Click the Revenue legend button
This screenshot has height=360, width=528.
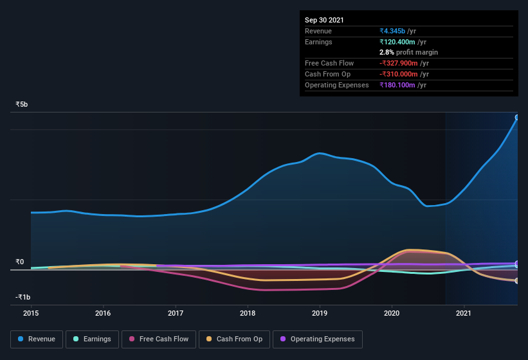coord(37,339)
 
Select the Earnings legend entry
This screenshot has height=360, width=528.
coord(92,339)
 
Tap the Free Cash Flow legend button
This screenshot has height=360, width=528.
coord(159,339)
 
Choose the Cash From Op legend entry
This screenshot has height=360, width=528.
coord(234,339)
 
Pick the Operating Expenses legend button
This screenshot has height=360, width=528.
coord(317,339)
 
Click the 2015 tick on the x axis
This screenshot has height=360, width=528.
coord(31,314)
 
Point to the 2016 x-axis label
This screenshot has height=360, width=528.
coord(103,314)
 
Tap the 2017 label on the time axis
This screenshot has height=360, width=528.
coord(176,314)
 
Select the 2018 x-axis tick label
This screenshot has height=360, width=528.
coord(248,314)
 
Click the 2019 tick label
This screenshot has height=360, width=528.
coord(320,314)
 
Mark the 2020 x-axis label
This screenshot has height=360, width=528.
coord(392,314)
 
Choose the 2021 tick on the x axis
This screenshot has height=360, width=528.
coord(464,314)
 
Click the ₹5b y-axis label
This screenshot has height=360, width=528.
coord(22,104)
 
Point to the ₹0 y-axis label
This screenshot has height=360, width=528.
coord(20,262)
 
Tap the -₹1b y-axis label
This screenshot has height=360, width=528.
coord(23,297)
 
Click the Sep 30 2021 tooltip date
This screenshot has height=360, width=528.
coord(324,20)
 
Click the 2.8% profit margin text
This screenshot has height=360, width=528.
coord(409,52)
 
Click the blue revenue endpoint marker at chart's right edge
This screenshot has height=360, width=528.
coord(517,118)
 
